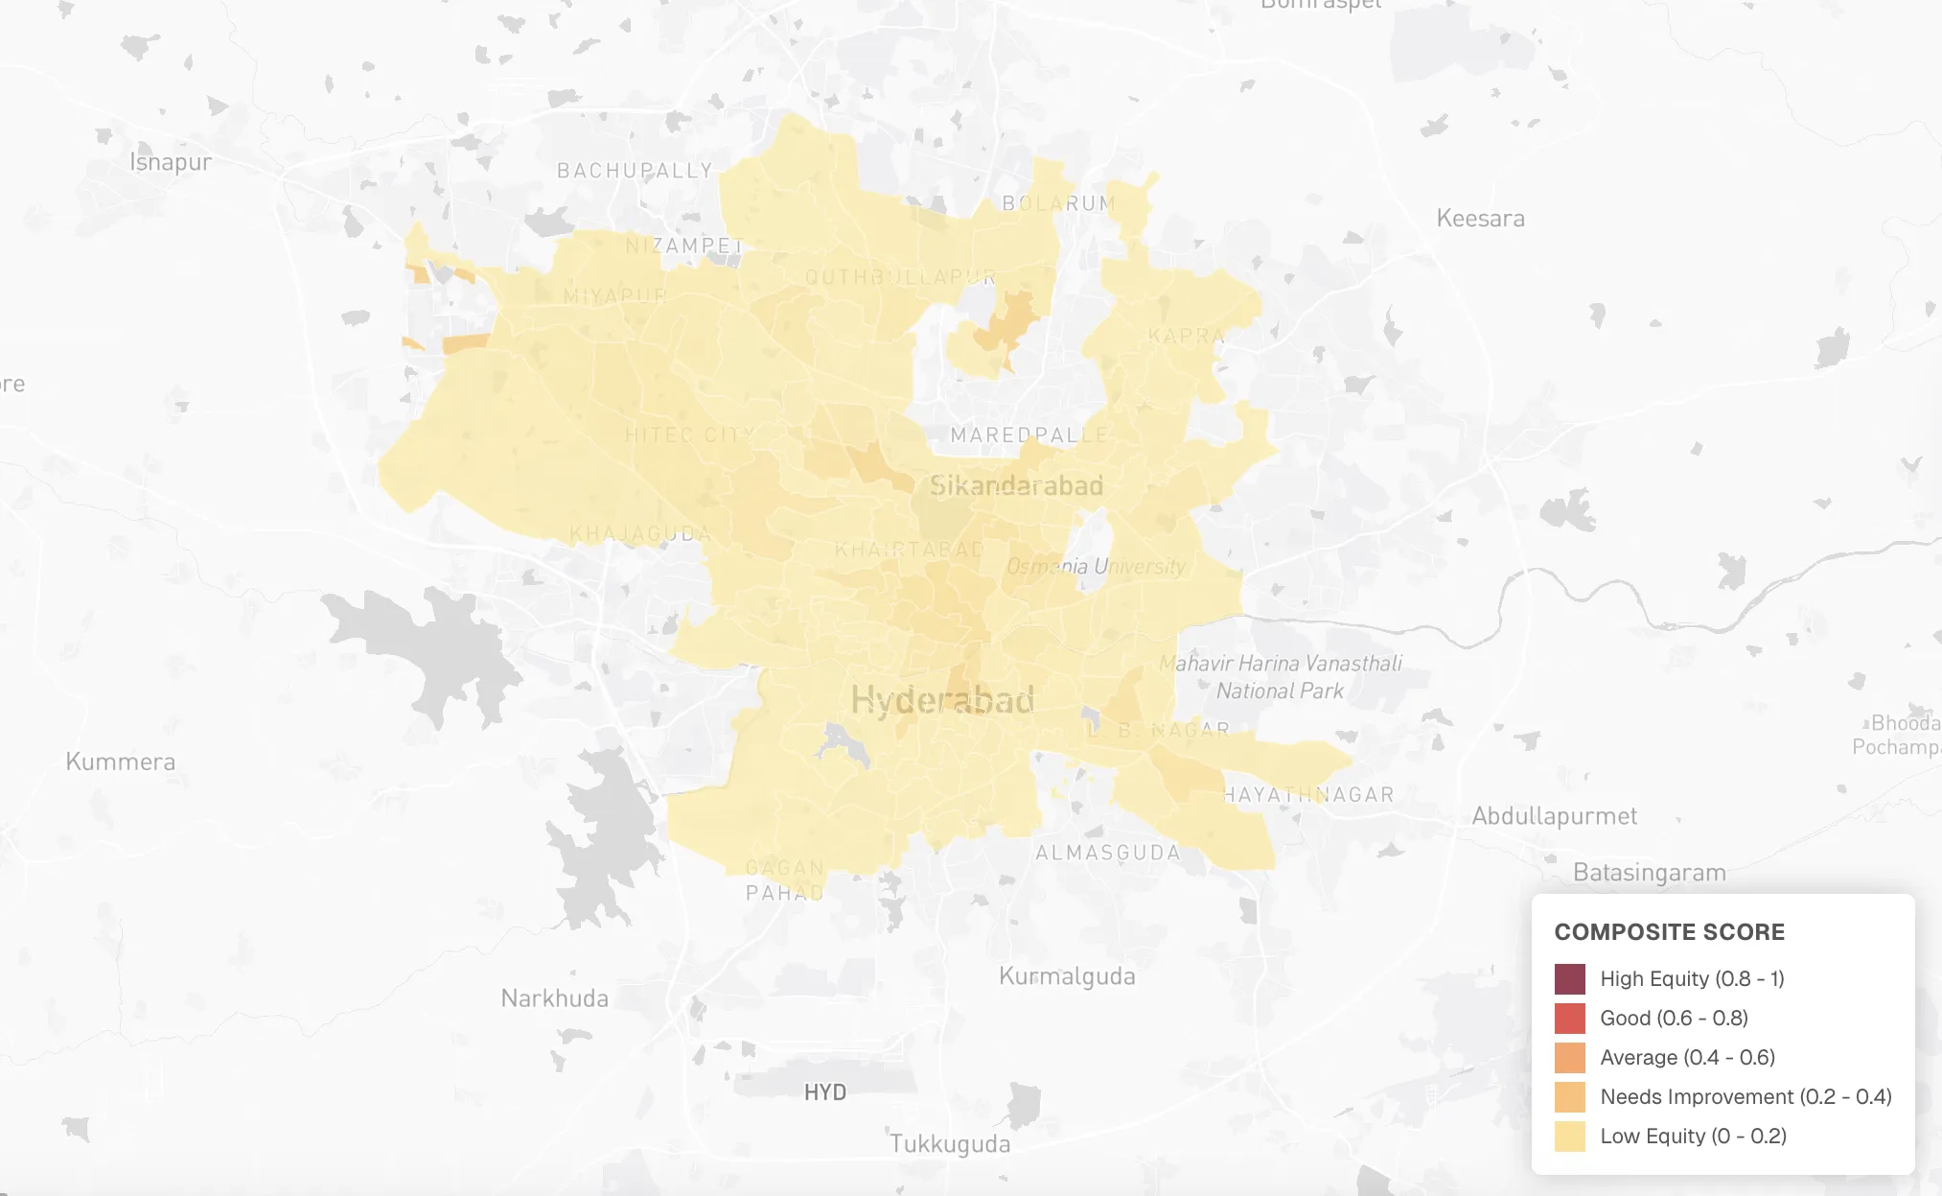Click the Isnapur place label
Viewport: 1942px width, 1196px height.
tap(171, 162)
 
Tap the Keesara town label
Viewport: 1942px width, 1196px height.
tap(1480, 219)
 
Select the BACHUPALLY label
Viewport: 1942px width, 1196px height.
tap(635, 171)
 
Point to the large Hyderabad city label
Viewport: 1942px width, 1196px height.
tap(942, 700)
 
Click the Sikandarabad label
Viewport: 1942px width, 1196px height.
tap(1016, 486)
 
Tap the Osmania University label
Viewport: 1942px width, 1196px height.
tap(1096, 566)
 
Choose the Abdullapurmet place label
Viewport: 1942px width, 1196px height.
tap(1554, 816)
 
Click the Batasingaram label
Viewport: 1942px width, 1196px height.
tap(1649, 873)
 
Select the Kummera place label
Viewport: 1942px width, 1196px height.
tap(121, 762)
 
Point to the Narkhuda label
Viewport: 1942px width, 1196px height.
tap(554, 998)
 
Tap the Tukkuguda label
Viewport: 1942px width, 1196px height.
tap(949, 1144)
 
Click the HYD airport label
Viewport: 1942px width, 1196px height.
tap(824, 1092)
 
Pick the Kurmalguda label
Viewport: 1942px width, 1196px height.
tap(1067, 976)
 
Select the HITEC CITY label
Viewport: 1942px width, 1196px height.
tap(689, 434)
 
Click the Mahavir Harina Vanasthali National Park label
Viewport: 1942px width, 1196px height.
tap(1280, 676)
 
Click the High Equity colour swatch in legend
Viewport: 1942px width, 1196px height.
tap(1569, 979)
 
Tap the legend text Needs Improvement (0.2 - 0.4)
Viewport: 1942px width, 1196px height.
tap(1745, 1096)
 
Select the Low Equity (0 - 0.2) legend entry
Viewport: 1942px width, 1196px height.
tap(1693, 1136)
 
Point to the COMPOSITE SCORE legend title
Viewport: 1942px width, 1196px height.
tap(1669, 932)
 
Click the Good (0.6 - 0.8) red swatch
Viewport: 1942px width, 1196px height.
tap(1569, 1019)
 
